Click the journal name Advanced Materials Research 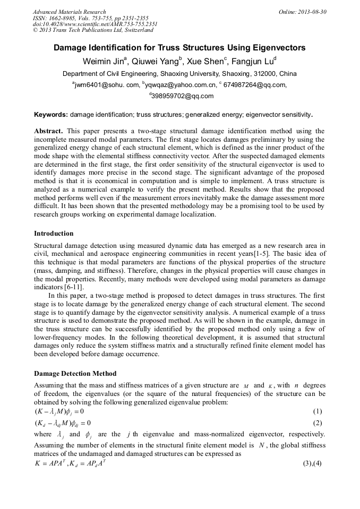69,12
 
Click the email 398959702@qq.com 182,96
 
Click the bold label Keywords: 51,115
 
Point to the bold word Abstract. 48,131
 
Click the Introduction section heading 54,234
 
